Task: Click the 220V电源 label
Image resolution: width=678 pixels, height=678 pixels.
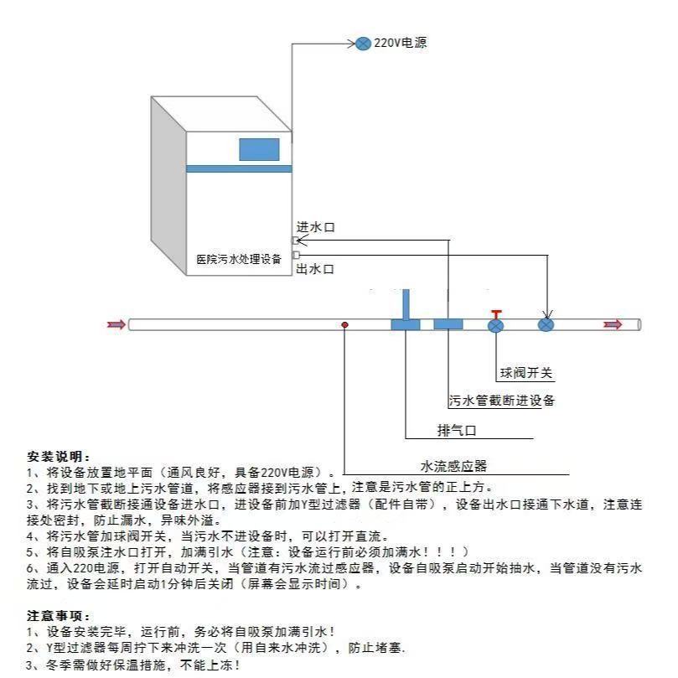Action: (400, 43)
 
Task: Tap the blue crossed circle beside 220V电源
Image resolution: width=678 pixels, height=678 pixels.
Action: (363, 44)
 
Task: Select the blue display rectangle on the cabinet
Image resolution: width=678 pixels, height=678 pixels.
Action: (260, 150)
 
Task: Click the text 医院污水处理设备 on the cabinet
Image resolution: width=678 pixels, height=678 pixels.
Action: (239, 259)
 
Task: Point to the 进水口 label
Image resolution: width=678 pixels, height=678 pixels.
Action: (315, 227)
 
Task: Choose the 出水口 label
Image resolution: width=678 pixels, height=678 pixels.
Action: (315, 269)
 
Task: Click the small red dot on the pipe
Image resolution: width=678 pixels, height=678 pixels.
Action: (344, 324)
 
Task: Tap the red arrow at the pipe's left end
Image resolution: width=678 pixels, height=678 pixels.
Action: (116, 324)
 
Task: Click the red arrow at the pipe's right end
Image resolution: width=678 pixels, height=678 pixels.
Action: (613, 324)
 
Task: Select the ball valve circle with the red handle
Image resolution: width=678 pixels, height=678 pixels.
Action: (495, 325)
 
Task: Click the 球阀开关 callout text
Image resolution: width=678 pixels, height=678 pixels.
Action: (526, 373)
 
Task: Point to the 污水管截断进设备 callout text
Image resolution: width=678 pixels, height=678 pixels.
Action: (501, 401)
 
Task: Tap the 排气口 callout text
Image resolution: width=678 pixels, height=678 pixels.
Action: (457, 431)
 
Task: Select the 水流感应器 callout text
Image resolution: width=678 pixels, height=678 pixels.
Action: (453, 466)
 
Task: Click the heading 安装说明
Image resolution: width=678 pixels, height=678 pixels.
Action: (59, 457)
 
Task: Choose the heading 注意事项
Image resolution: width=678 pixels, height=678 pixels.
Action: (59, 616)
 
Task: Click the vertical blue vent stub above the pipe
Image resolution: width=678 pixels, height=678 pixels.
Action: (406, 304)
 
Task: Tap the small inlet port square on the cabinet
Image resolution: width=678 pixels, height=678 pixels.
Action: (296, 241)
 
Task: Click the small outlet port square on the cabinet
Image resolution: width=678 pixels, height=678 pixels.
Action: (296, 255)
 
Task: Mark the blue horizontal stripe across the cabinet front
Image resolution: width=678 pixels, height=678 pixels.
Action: (239, 168)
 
